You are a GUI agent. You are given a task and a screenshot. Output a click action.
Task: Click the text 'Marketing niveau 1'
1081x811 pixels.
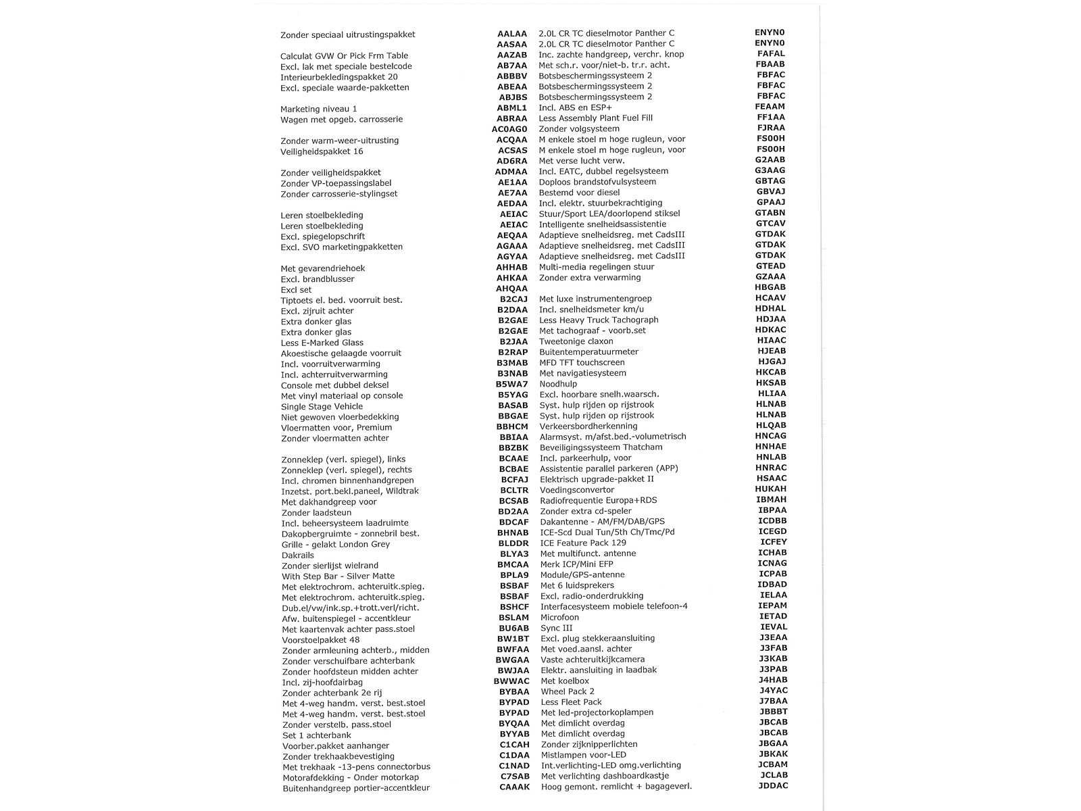(x=318, y=109)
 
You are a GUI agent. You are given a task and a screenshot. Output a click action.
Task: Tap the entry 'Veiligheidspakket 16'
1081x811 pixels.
(x=322, y=151)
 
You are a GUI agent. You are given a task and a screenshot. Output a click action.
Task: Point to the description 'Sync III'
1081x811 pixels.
(x=557, y=628)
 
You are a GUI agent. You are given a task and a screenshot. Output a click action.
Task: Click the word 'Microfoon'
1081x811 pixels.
(x=559, y=617)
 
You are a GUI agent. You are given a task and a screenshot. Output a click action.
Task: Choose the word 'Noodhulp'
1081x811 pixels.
(x=558, y=384)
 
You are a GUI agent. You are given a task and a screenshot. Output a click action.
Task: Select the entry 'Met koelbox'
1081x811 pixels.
(x=565, y=681)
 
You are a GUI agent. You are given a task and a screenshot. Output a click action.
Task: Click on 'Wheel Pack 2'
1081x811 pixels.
(x=568, y=691)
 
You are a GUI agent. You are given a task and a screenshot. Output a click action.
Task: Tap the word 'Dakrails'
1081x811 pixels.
(x=298, y=555)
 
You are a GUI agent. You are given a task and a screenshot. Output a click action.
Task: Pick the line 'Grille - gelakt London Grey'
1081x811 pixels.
(x=336, y=544)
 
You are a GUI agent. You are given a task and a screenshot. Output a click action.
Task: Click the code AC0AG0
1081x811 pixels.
(x=509, y=129)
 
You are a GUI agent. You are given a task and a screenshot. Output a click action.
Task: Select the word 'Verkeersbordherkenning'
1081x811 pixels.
(x=588, y=426)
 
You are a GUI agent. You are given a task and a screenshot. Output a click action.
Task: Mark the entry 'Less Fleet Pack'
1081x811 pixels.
(x=571, y=702)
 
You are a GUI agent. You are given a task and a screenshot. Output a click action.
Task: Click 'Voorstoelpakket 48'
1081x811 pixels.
(x=321, y=639)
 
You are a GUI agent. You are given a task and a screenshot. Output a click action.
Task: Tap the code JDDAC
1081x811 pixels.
(x=773, y=786)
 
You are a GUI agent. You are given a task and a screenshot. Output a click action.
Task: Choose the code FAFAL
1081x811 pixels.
(x=771, y=53)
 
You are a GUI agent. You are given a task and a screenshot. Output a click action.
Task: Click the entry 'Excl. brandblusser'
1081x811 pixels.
(x=318, y=279)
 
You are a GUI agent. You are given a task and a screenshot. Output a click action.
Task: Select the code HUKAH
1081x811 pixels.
(x=771, y=489)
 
